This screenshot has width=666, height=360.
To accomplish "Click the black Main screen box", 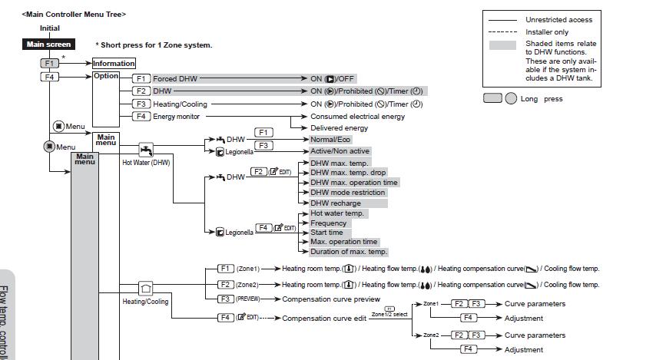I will tap(48, 45).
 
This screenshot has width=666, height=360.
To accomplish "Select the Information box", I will tap(114, 64).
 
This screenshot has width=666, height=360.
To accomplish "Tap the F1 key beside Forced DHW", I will tap(141, 78).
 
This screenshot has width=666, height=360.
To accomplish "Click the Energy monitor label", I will tap(176, 117).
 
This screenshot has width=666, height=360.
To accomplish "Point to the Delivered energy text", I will tap(339, 128).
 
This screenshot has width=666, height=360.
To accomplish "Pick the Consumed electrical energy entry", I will tap(357, 117).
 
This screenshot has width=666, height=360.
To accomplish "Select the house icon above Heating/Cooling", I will tap(146, 289).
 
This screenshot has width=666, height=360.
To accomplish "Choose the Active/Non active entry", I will tap(340, 151).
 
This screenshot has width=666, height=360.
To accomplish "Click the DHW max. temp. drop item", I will tap(347, 173).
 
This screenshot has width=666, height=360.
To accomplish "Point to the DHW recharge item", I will tap(335, 203).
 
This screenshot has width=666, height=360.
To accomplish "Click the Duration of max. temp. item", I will tap(348, 252).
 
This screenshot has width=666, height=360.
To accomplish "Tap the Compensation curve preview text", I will tap(331, 299).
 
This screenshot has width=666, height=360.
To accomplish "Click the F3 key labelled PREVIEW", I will tap(226, 299).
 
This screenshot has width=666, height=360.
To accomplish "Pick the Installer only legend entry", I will tap(548, 32).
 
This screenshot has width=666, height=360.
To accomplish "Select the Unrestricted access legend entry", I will tap(558, 20).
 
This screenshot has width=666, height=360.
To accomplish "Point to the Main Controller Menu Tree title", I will tap(75, 15).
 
